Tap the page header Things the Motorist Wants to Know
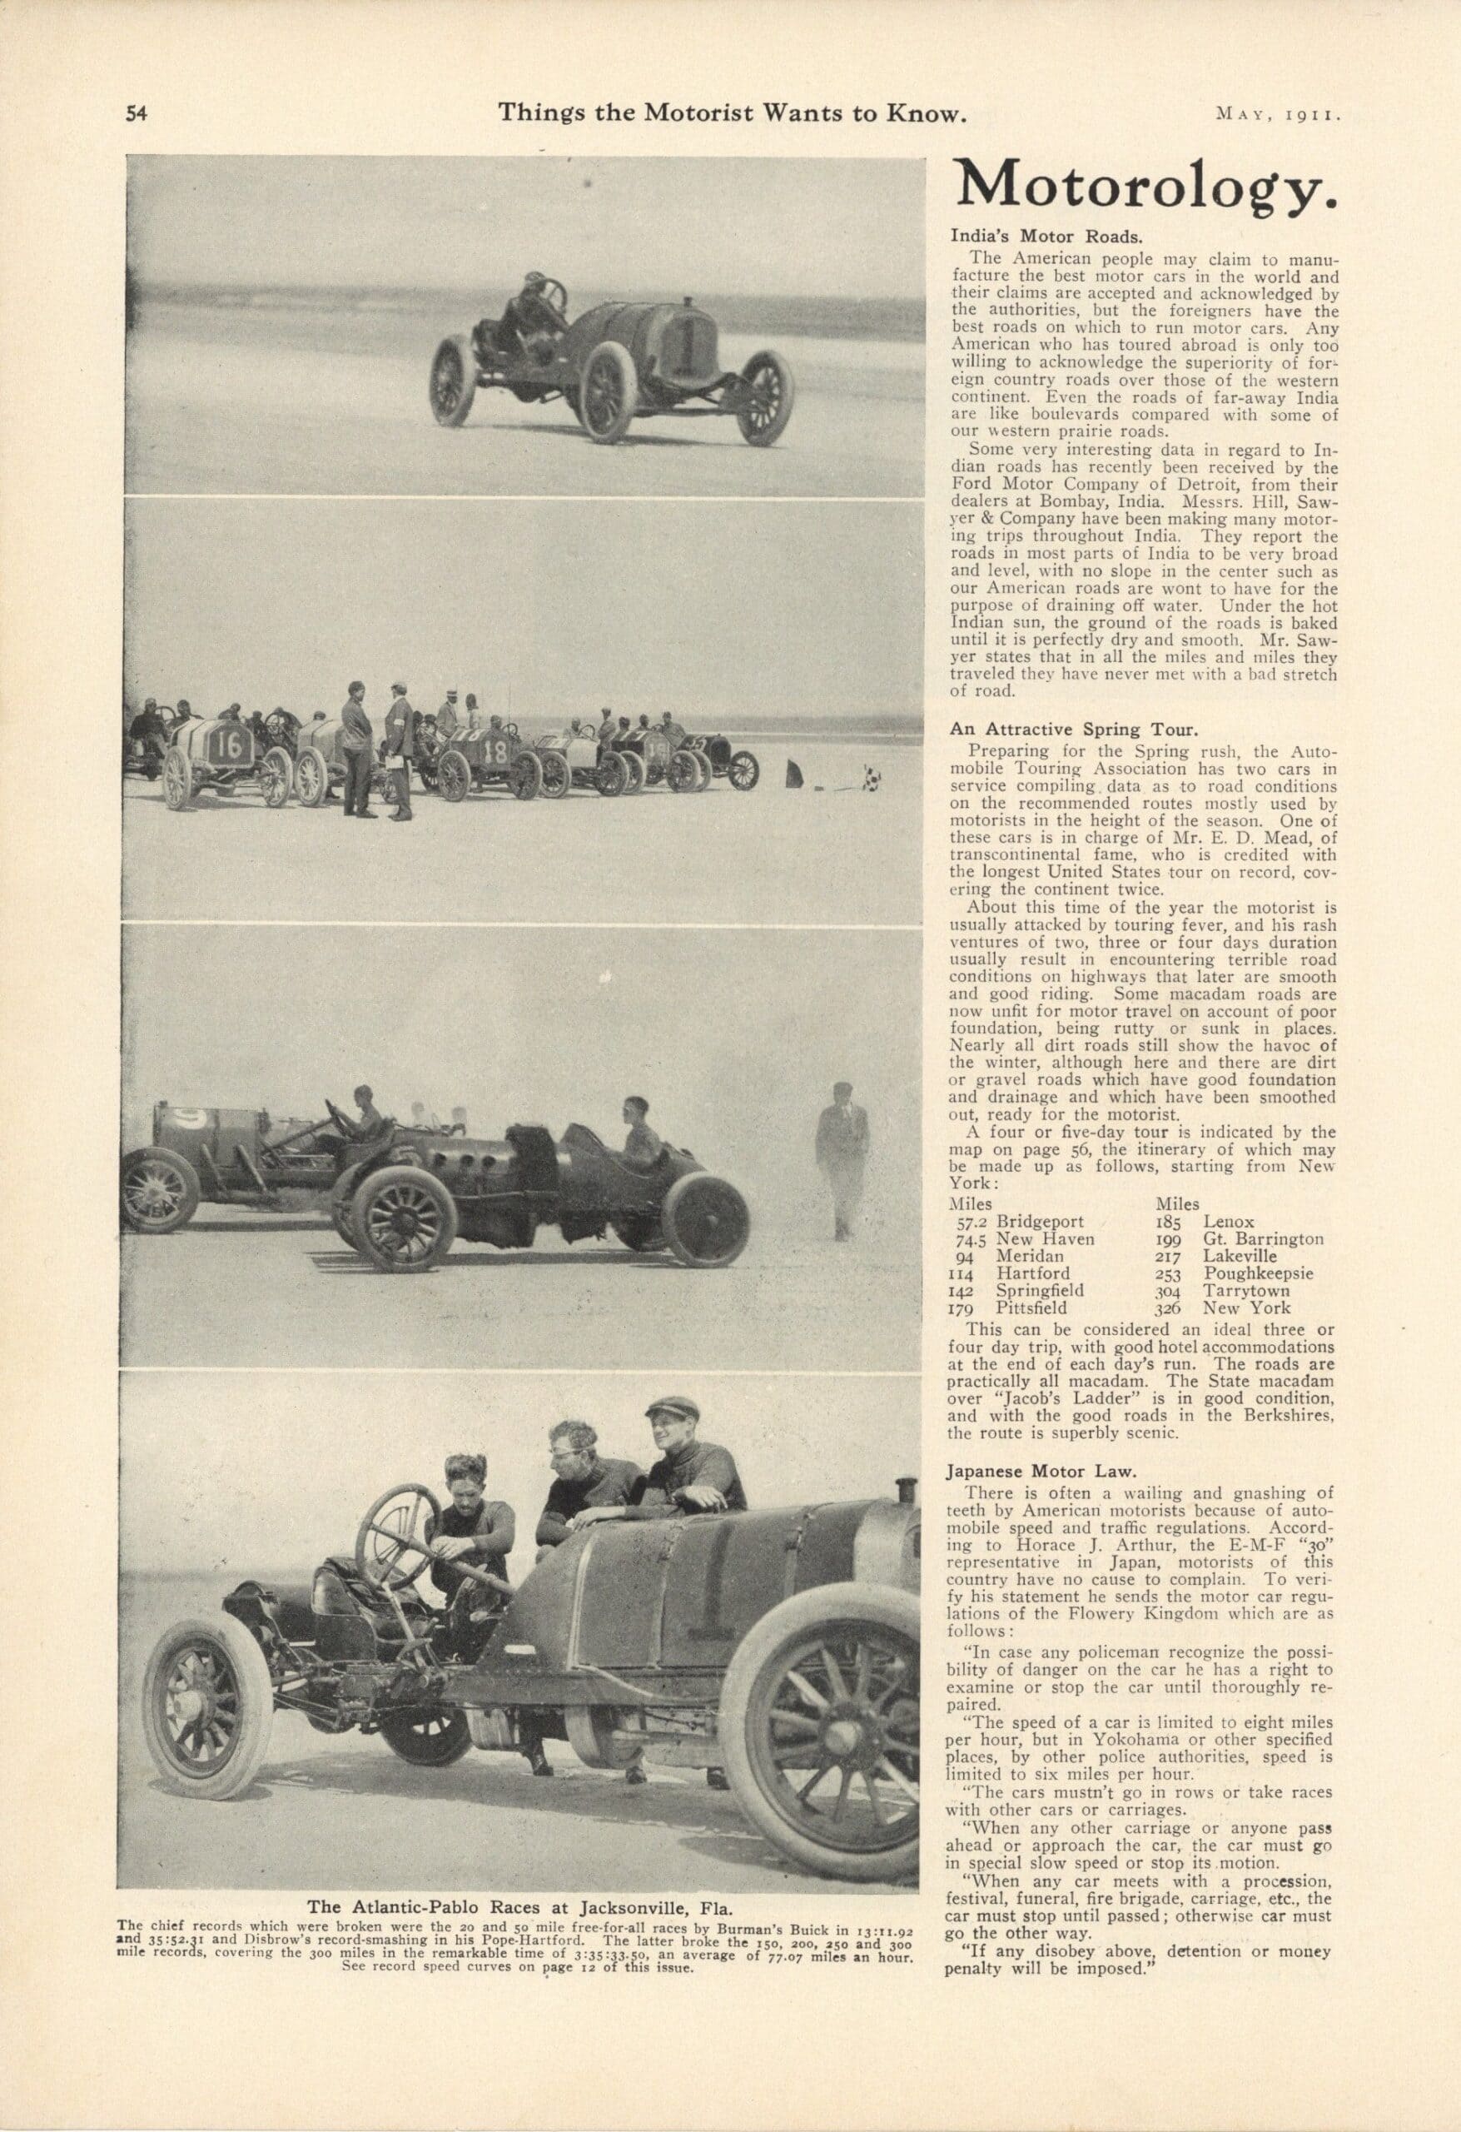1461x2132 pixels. tap(732, 112)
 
